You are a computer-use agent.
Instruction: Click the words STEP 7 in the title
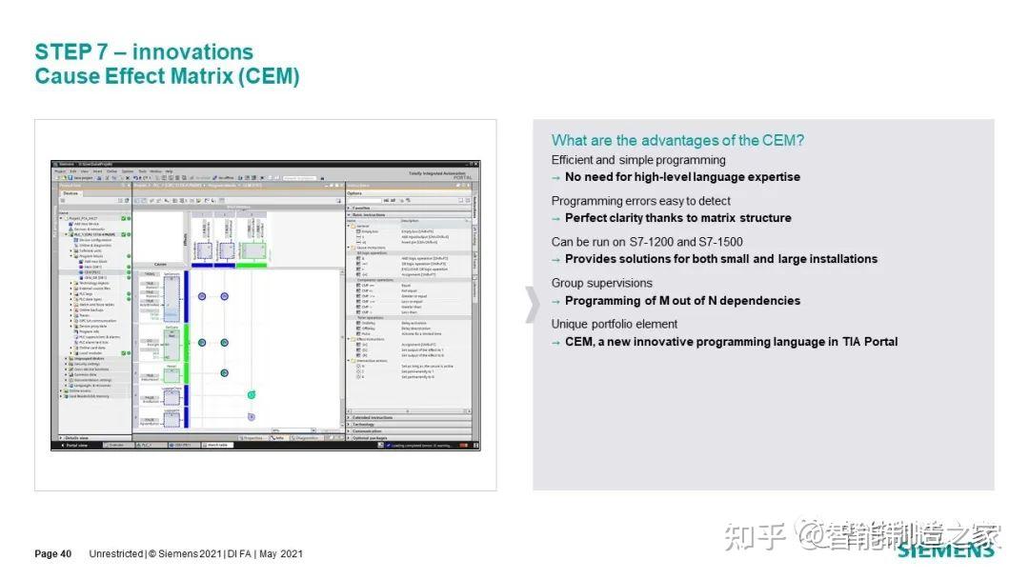point(76,51)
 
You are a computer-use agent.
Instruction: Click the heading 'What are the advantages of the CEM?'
point(677,140)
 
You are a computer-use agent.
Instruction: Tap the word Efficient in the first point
point(572,160)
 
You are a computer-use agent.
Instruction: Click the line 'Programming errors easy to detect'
point(640,201)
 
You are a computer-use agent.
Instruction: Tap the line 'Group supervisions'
point(601,283)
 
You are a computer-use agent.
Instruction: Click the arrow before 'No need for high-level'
point(556,177)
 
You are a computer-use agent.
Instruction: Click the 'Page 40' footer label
point(53,554)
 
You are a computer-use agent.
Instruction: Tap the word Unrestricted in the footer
point(116,554)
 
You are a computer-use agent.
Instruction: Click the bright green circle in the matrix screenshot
point(252,394)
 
